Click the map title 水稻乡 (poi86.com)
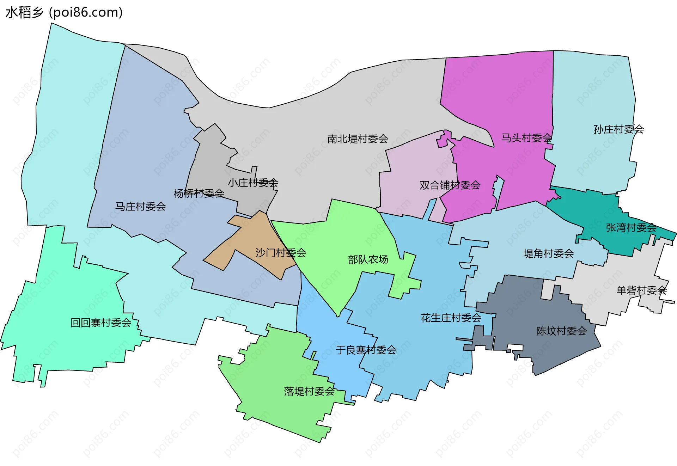(x=64, y=13)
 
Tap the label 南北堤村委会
(x=358, y=139)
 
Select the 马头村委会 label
(x=526, y=138)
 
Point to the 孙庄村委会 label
(x=618, y=129)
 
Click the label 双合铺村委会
(x=450, y=185)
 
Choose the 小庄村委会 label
(x=253, y=183)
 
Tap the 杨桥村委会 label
(x=199, y=193)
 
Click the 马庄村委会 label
(x=140, y=207)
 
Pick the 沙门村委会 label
(x=281, y=252)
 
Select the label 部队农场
(x=368, y=259)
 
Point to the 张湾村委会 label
(x=631, y=228)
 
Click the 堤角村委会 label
(x=548, y=253)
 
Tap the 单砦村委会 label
(x=641, y=290)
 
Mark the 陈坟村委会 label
(x=561, y=331)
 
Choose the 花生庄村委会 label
(x=451, y=318)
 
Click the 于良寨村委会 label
(x=366, y=350)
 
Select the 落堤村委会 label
(x=309, y=391)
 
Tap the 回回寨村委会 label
(x=101, y=323)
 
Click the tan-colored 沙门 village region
(x=247, y=240)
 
